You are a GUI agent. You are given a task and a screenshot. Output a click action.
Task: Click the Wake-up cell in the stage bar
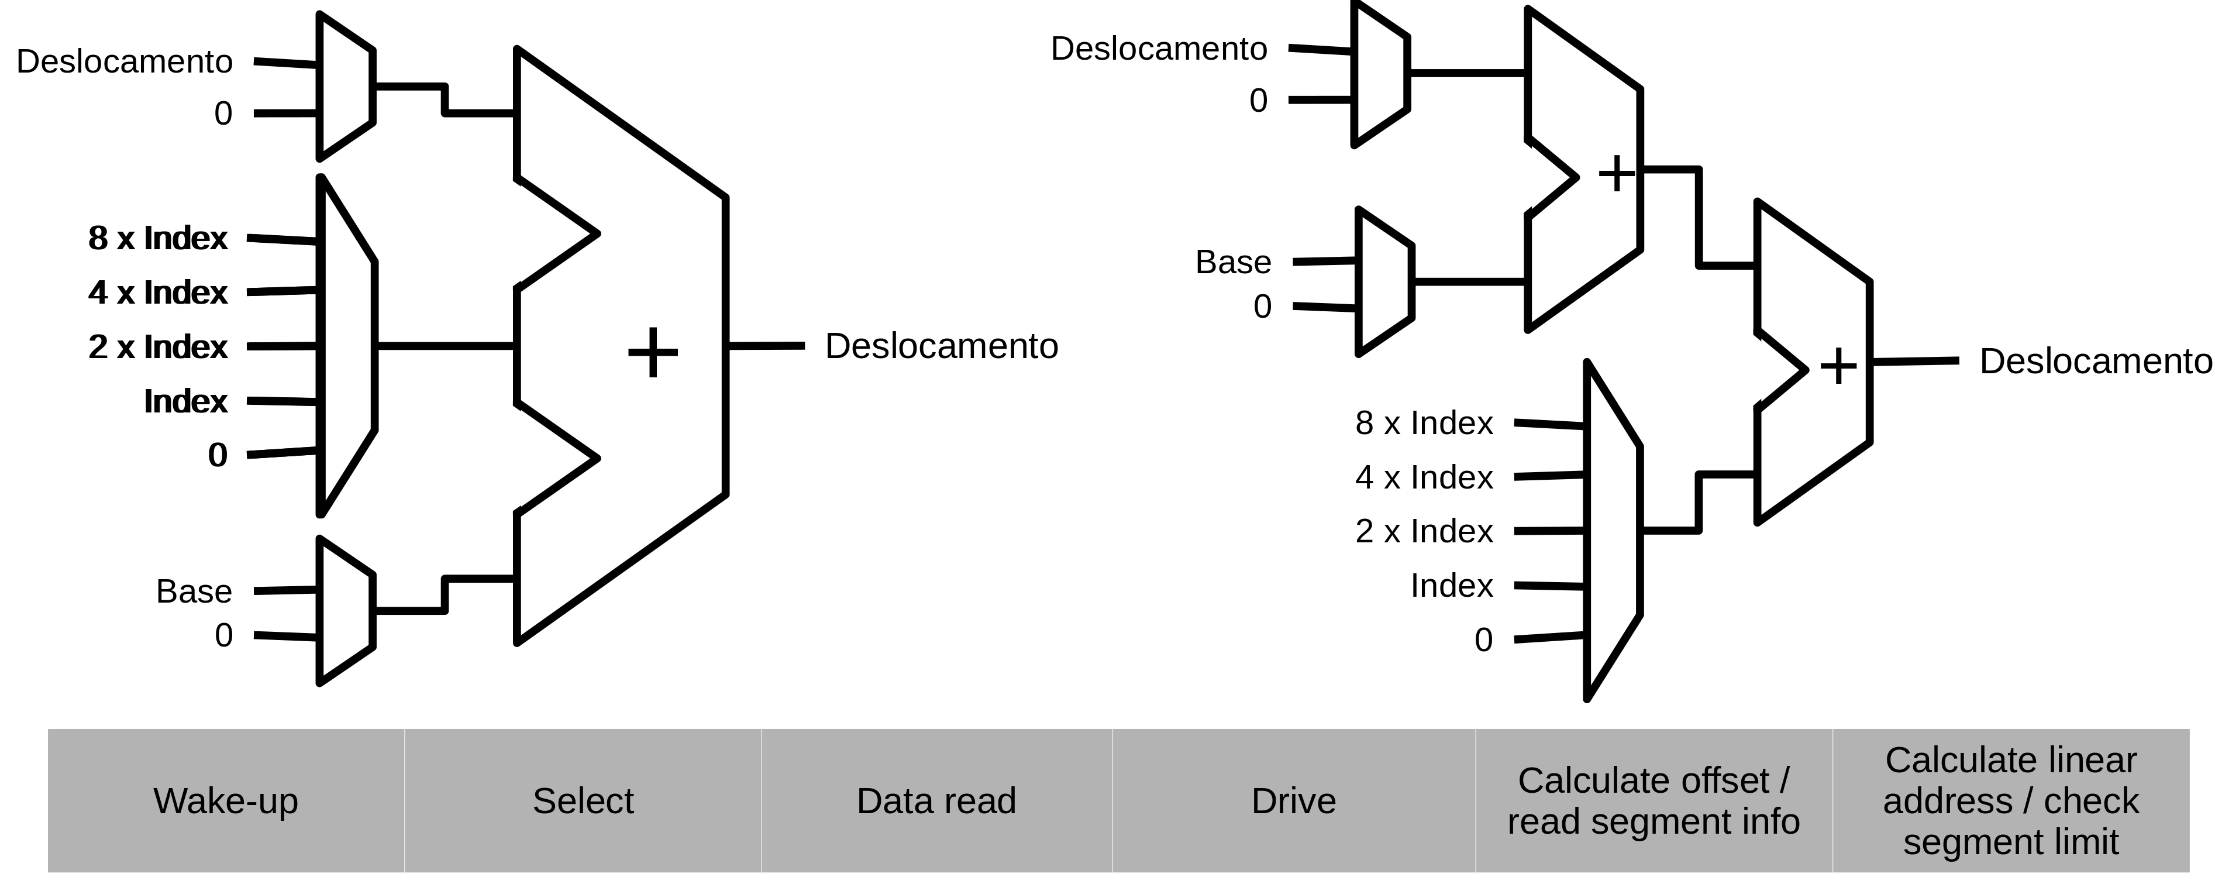tap(226, 800)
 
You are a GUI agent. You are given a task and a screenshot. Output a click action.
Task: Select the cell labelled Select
tap(583, 800)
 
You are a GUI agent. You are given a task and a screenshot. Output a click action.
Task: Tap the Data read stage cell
tap(936, 800)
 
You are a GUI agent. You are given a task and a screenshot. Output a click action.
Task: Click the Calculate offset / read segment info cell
tap(1654, 800)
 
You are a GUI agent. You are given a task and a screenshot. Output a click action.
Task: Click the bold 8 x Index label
tap(157, 238)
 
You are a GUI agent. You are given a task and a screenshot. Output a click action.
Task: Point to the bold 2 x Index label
tap(157, 346)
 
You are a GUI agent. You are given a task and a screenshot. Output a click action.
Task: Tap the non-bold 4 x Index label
tap(1424, 477)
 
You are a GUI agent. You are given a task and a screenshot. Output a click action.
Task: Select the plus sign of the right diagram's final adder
tap(1838, 366)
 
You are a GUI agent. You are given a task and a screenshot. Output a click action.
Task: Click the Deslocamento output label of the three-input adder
tap(942, 346)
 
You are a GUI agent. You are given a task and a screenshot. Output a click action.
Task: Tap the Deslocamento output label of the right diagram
tap(2096, 361)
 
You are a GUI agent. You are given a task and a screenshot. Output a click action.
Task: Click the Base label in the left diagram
tap(194, 591)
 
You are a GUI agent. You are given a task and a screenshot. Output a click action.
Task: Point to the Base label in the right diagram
tap(1233, 262)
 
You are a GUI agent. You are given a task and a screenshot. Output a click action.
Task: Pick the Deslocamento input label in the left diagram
tap(125, 62)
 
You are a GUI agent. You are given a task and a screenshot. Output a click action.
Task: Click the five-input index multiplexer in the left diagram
tap(346, 346)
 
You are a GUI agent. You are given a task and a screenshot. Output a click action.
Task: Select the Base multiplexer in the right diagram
tap(1384, 281)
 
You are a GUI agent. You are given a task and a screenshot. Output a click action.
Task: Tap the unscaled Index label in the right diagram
tap(1452, 586)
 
